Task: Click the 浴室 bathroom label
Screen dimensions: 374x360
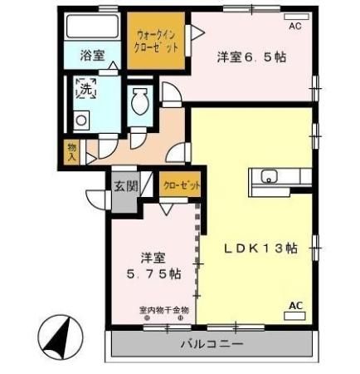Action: pyautogui.click(x=92, y=56)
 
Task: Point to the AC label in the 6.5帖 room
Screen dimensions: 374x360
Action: pyautogui.click(x=294, y=26)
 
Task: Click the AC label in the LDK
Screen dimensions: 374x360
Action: pyautogui.click(x=295, y=305)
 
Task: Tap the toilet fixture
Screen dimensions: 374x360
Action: pyautogui.click(x=140, y=105)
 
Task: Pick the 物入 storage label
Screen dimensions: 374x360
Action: pyautogui.click(x=72, y=150)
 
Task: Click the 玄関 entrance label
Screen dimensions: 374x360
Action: pyautogui.click(x=127, y=184)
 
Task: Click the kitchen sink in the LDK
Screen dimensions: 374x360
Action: pyautogui.click(x=270, y=176)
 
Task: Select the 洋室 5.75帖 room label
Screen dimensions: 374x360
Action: pyautogui.click(x=147, y=264)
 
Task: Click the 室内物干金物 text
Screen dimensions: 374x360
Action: pyautogui.click(x=164, y=310)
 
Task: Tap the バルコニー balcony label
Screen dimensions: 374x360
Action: pyautogui.click(x=212, y=343)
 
